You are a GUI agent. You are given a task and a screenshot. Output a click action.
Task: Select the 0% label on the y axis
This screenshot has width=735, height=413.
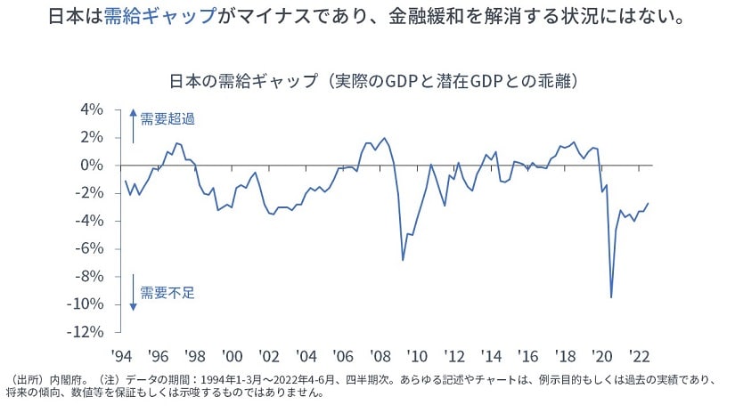116,166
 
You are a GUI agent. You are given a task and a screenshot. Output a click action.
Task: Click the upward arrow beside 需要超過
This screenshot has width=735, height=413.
133,126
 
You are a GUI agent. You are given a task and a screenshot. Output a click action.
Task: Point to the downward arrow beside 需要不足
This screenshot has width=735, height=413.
133,294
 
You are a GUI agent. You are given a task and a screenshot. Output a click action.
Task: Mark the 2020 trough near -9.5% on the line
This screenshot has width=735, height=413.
611,297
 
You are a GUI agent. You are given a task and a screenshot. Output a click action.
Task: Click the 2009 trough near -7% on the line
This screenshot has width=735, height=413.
403,260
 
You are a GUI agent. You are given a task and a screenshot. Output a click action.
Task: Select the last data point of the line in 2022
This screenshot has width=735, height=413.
648,203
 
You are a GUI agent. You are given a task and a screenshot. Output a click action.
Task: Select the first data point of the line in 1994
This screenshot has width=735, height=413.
126,182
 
